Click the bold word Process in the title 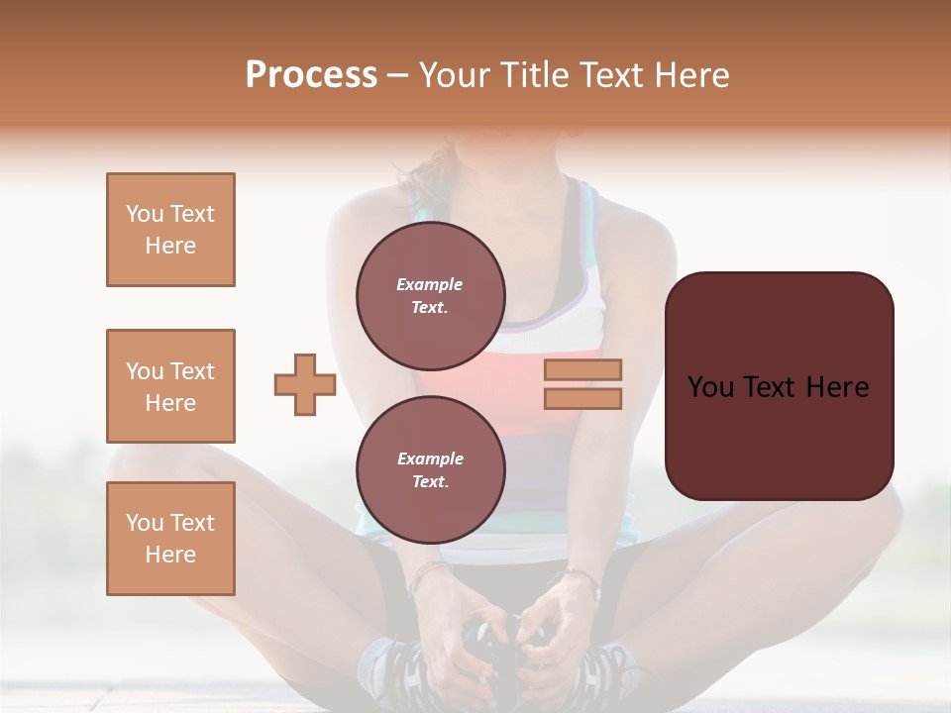pos(311,75)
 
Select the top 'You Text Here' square pos(170,230)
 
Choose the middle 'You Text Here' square pos(170,386)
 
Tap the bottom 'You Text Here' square pos(170,539)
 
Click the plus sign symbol pos(305,385)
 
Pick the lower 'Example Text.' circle pos(430,469)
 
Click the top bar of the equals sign pos(582,370)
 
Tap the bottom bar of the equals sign pos(582,398)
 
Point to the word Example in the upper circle pos(430,284)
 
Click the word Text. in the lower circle pos(430,481)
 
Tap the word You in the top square pos(143,214)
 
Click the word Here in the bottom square pos(170,555)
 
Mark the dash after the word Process pos(398,75)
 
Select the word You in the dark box pos(709,387)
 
